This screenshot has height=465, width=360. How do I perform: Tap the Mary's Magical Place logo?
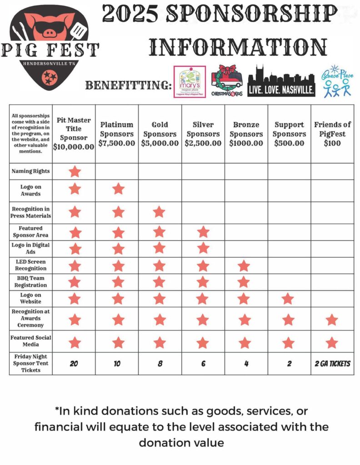coord(190,82)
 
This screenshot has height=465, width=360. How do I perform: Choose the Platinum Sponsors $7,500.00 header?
coord(117,134)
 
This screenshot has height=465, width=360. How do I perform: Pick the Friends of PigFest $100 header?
coord(332,134)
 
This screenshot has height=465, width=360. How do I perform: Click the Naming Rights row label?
coord(31,171)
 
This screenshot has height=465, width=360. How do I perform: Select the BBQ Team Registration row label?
coord(31,282)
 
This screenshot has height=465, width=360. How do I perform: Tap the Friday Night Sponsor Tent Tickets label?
coord(31,363)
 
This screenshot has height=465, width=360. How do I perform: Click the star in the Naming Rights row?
coord(75,172)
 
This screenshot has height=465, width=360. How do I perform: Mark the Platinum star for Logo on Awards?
coord(118,188)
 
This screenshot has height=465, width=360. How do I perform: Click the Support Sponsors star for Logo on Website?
coord(288,299)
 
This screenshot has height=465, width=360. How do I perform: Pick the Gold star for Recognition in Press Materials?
coord(159,212)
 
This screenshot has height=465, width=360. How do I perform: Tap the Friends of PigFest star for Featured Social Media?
coord(332,342)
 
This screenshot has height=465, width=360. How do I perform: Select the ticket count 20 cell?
coord(74,364)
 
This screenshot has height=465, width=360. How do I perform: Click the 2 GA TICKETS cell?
coord(332,364)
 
